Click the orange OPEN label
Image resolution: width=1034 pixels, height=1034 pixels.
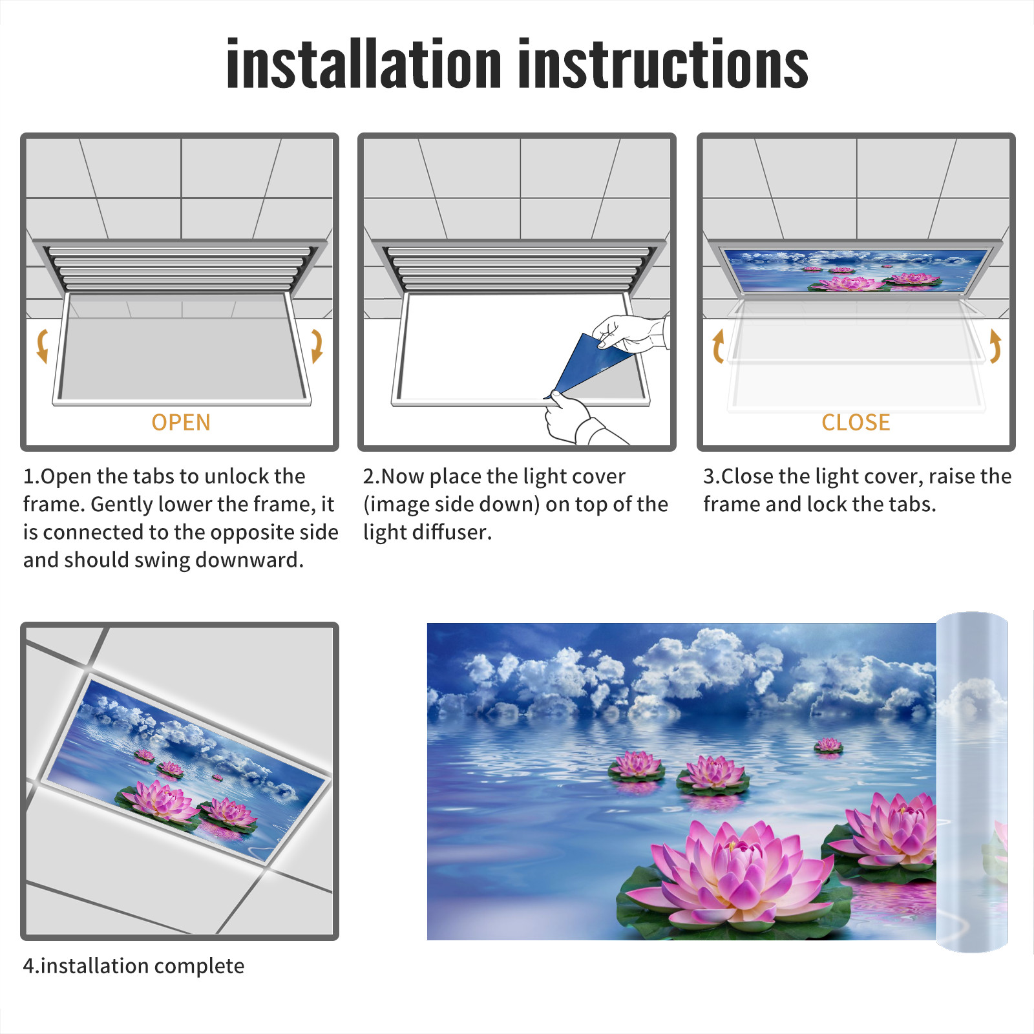[x=181, y=423]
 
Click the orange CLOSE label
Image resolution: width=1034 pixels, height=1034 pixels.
[x=856, y=423]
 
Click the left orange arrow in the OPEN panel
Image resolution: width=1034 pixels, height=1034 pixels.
[x=43, y=346]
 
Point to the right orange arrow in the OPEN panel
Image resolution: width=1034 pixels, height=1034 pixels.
[x=317, y=346]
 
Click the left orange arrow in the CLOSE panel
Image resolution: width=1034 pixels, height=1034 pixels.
[x=718, y=346]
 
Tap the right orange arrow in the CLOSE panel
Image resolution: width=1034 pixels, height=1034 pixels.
[x=995, y=346]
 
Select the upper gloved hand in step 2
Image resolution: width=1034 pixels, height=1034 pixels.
[x=630, y=333]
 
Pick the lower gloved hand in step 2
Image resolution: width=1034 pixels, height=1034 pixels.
[x=578, y=420]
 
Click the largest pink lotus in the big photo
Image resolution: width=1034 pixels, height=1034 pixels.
[x=737, y=866]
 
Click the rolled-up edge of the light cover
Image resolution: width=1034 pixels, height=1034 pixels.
[x=972, y=782]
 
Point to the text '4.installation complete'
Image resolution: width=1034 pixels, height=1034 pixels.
[x=134, y=966]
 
